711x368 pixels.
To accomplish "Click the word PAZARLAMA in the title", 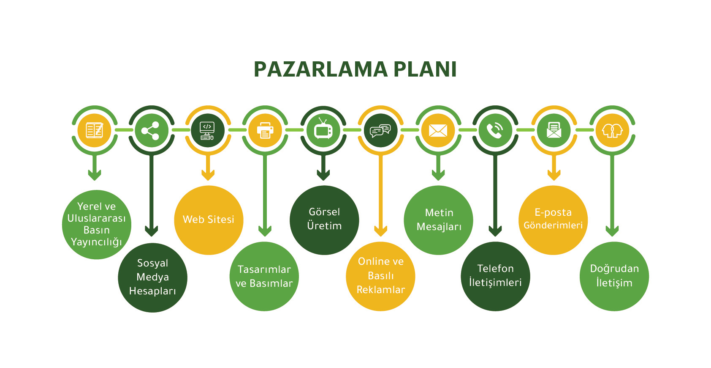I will tap(320, 69).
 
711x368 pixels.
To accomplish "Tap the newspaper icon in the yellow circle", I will tap(95, 130).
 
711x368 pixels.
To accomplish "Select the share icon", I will tap(151, 130).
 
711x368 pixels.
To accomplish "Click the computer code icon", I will tap(207, 130).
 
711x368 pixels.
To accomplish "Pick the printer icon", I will tap(265, 130).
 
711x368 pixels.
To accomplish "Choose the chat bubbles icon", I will tap(380, 130).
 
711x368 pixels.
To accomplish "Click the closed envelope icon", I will tap(438, 130).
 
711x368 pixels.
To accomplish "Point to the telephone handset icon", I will tap(495, 130).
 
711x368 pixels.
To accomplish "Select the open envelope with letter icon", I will tap(554, 130).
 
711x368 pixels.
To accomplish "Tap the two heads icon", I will tap(612, 130).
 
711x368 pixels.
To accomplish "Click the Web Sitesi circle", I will tap(209, 220).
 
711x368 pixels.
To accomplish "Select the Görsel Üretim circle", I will tap(324, 220).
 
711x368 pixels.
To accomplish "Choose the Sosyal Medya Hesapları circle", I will tap(152, 277).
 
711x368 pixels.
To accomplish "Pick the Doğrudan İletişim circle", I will tap(614, 276).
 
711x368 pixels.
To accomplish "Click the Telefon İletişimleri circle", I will tap(495, 276).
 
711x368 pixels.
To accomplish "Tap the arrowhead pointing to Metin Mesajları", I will tap(438, 174).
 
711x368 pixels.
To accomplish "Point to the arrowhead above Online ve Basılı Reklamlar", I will tap(380, 231).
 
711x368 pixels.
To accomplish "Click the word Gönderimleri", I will tap(553, 225).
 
